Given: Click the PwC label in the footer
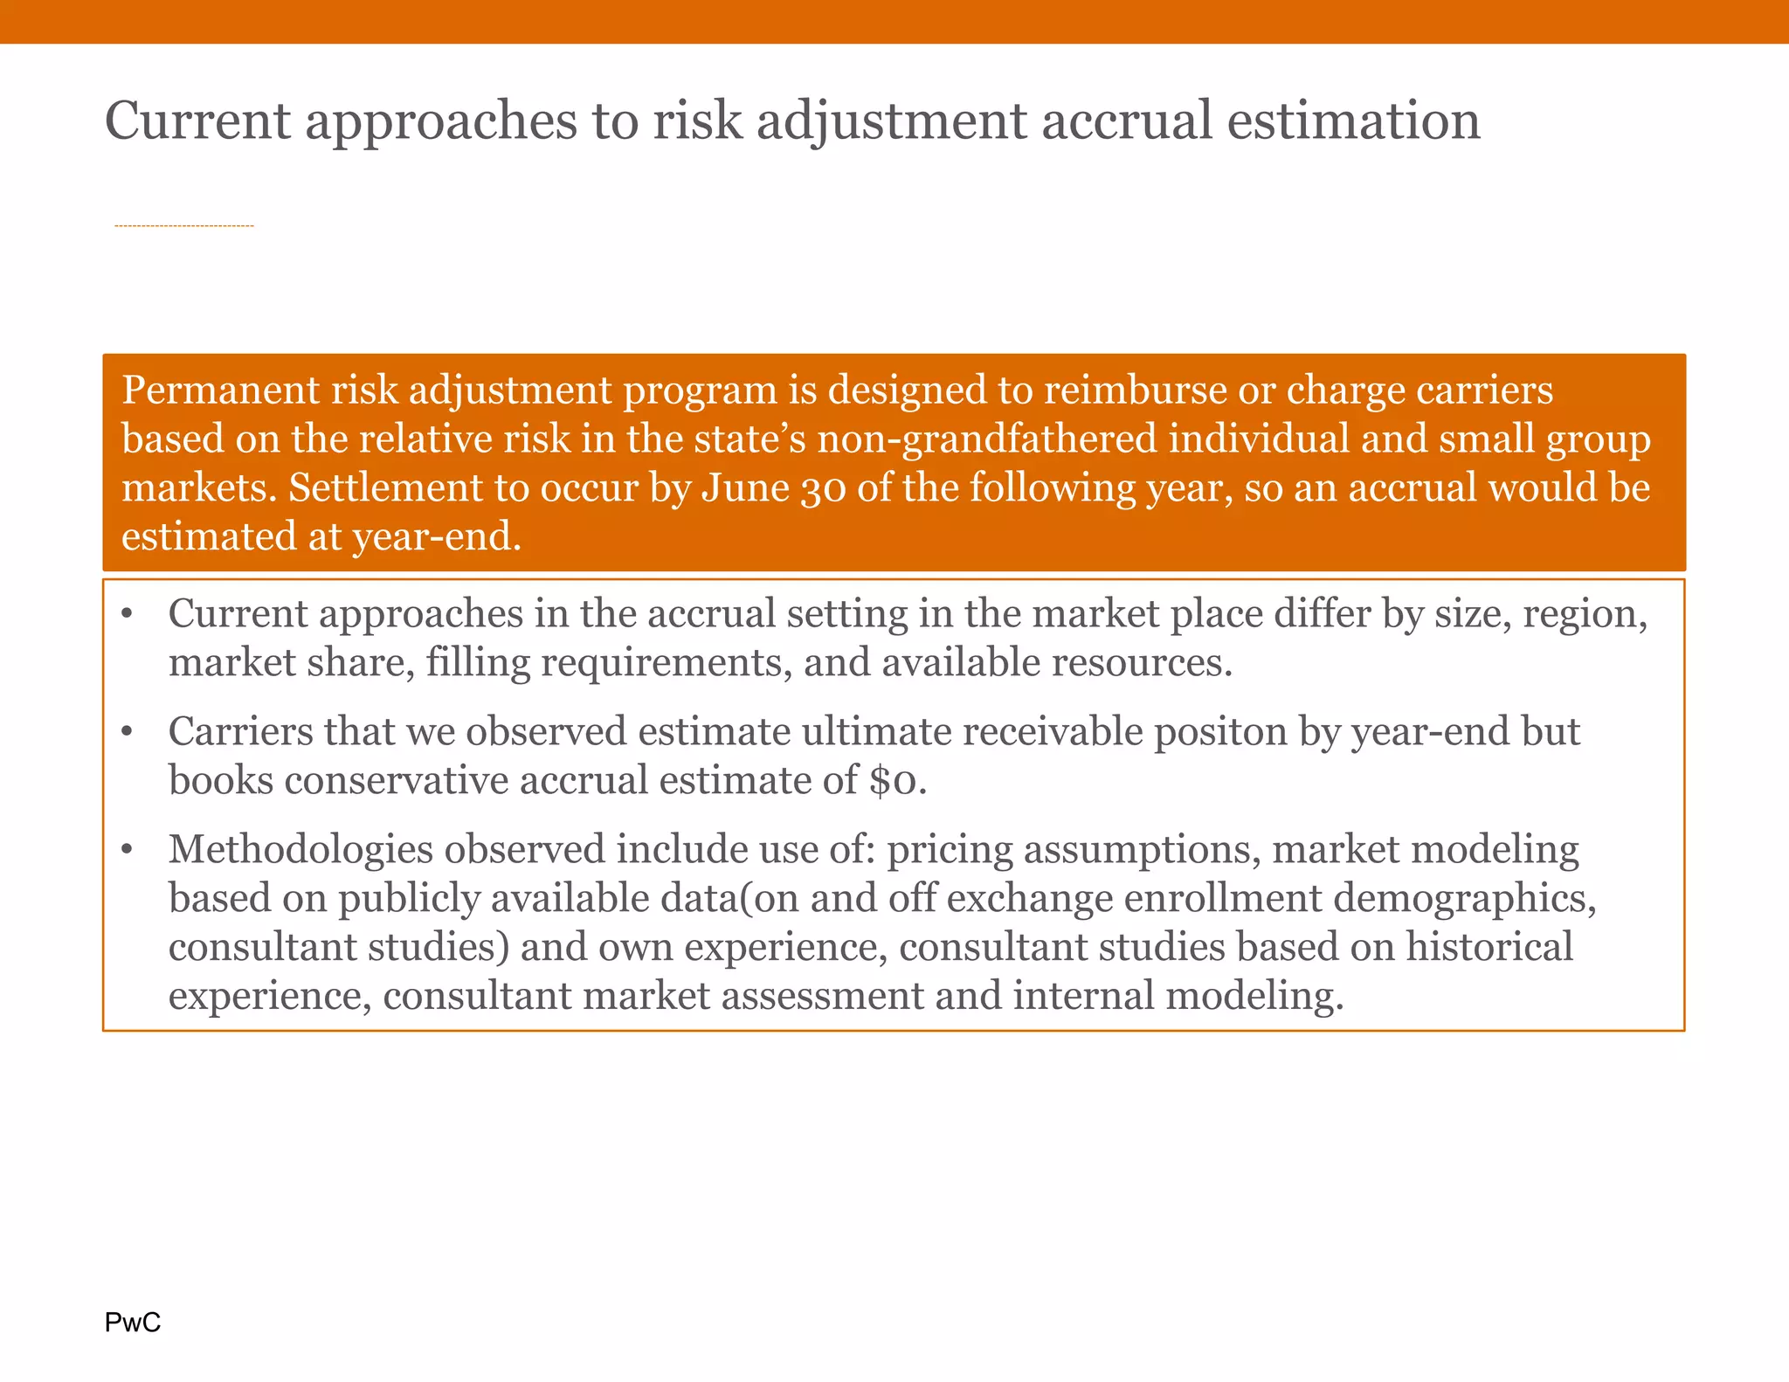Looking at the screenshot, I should click(x=133, y=1323).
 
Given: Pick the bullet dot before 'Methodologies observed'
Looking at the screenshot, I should click(x=128, y=849).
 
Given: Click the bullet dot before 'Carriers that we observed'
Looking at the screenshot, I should click(x=128, y=731).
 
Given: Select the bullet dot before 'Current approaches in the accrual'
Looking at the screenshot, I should click(x=128, y=613).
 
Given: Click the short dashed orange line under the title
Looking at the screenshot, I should click(x=184, y=226).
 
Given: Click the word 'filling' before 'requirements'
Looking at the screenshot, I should click(x=479, y=662).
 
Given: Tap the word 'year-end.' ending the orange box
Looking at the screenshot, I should click(x=437, y=536).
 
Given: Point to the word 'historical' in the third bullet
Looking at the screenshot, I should click(x=1489, y=947).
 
